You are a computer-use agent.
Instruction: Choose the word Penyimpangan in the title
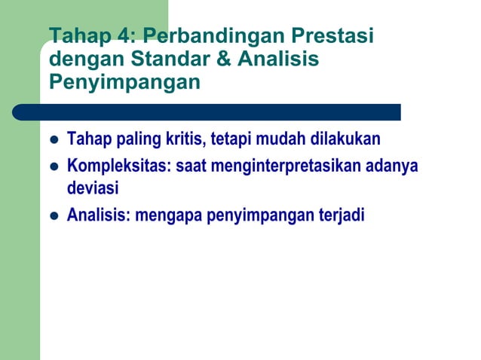(125, 81)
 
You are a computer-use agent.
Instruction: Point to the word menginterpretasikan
(283, 165)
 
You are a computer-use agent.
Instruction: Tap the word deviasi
(93, 189)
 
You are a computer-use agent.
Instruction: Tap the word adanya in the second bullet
(391, 165)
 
